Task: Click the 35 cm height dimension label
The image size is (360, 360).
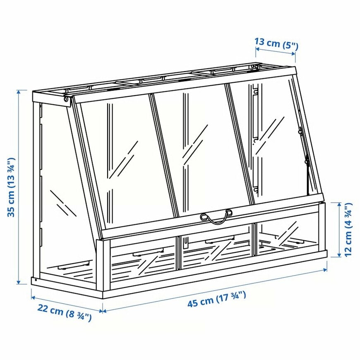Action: (11, 187)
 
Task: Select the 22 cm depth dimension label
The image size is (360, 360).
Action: (64, 313)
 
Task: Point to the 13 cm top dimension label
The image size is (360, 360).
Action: (276, 42)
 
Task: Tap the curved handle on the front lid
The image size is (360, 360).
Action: (216, 217)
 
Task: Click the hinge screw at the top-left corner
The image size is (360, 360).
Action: (66, 100)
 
